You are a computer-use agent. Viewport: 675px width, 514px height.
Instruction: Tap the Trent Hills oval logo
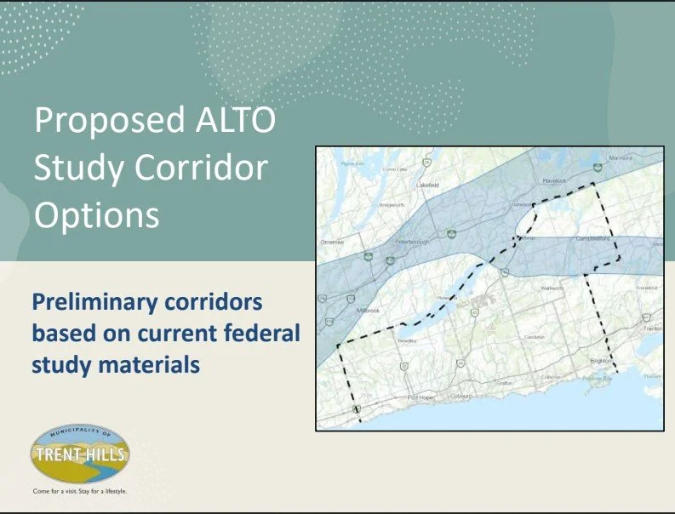pos(79,454)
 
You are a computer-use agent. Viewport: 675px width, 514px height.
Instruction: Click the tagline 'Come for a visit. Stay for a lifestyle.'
pos(79,492)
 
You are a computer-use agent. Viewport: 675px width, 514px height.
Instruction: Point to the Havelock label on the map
pos(552,180)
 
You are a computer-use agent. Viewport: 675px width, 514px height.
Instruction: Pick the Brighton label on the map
pos(602,361)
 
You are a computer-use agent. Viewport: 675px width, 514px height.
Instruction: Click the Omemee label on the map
pos(331,242)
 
